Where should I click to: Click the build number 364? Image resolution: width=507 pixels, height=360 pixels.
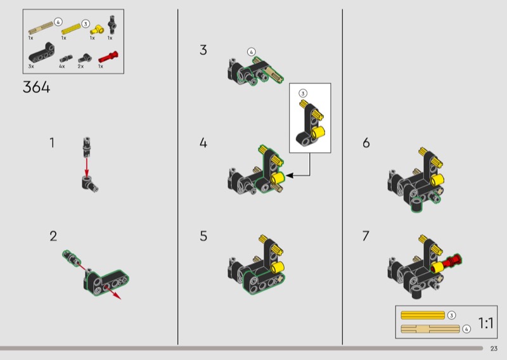[37, 87]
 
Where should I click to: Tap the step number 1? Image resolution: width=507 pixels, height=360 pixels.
[52, 143]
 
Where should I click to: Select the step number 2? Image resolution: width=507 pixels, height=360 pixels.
[53, 236]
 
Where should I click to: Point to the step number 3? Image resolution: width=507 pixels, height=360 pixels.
[203, 50]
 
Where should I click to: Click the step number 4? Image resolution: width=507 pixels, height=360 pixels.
[203, 143]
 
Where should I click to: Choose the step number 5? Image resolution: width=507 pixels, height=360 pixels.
[203, 236]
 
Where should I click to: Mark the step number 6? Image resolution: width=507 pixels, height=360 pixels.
[366, 143]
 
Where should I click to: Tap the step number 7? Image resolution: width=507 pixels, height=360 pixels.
[366, 236]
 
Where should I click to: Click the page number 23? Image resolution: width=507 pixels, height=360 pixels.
[494, 349]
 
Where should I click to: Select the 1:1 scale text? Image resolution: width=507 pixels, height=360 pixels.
[485, 323]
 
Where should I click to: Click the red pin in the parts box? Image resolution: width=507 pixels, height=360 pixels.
[108, 57]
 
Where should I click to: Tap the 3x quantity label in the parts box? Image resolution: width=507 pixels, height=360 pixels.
[31, 67]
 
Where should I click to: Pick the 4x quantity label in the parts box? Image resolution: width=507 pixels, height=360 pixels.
[61, 67]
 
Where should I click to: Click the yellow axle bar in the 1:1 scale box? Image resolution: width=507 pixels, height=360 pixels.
[423, 315]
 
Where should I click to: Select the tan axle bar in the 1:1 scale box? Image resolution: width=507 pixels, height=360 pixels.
[430, 329]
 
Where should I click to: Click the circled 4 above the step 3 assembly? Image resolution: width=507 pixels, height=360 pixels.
[251, 52]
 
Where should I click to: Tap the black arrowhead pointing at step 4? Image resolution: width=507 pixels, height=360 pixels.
[290, 176]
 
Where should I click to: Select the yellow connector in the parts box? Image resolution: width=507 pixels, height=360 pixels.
[97, 30]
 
